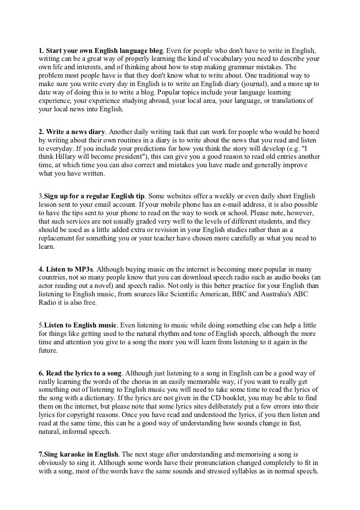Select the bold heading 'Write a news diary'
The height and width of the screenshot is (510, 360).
(74, 132)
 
